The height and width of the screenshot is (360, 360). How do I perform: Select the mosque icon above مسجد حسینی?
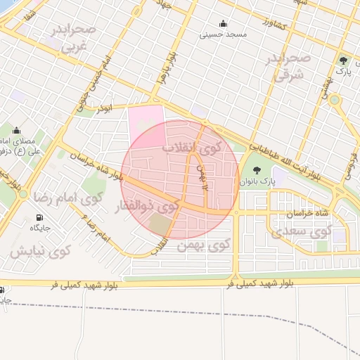(224, 23)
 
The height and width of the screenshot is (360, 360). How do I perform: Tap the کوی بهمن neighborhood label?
(210, 245)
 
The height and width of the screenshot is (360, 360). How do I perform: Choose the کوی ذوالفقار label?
(146, 207)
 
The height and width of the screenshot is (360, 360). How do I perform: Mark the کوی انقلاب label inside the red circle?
(191, 148)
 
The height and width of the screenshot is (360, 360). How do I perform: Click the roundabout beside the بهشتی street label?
(334, 100)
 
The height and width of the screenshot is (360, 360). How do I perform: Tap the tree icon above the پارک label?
(343, 61)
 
